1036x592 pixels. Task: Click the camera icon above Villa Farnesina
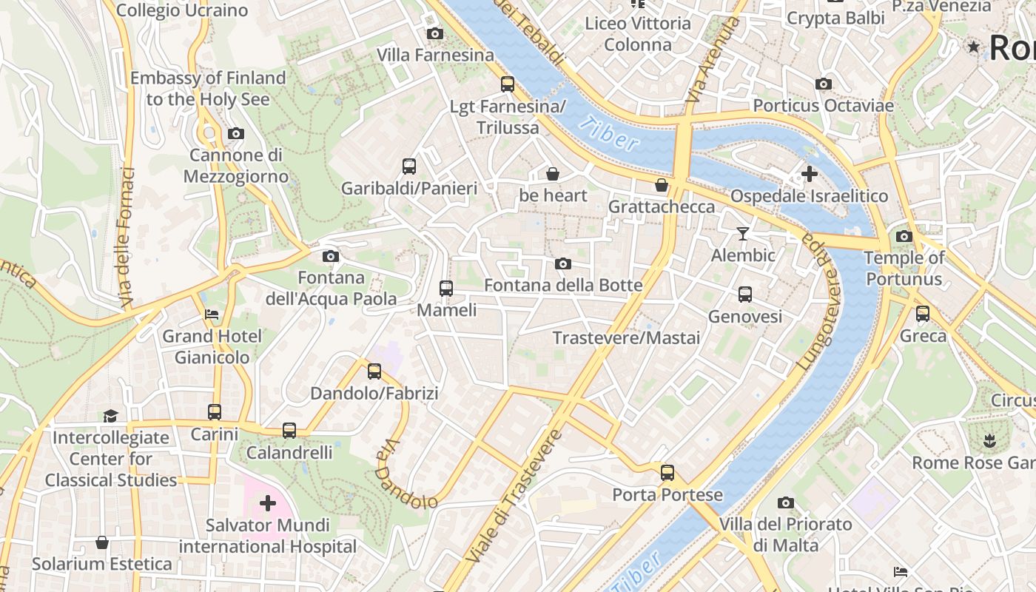(x=435, y=33)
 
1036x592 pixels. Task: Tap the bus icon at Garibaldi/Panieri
(x=409, y=166)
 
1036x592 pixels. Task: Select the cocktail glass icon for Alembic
(x=742, y=234)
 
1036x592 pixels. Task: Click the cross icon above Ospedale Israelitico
(x=809, y=174)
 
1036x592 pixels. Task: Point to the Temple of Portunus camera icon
(x=904, y=237)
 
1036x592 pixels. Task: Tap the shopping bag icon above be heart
(x=552, y=174)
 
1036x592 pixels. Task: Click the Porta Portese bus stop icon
(x=667, y=472)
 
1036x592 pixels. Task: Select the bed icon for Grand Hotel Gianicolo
(x=212, y=314)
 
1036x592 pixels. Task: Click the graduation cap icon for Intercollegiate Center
(x=110, y=416)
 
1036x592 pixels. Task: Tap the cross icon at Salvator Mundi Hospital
(x=268, y=504)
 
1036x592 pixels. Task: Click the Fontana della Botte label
(x=562, y=285)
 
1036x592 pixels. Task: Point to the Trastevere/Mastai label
(x=626, y=338)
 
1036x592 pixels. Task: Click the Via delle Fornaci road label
(x=127, y=237)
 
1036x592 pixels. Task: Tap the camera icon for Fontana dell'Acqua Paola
(x=331, y=256)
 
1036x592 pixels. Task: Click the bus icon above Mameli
(x=446, y=289)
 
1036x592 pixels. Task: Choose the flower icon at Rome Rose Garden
(x=989, y=442)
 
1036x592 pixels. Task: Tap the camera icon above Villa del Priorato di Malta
(x=786, y=503)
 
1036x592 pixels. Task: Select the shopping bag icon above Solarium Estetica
(x=102, y=543)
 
